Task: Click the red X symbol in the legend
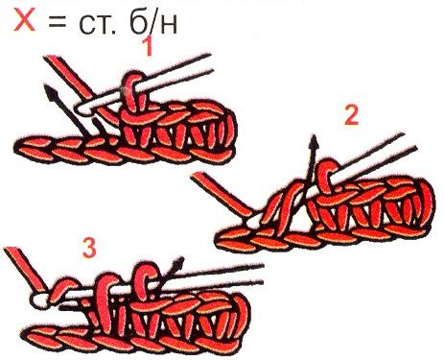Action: coord(24,21)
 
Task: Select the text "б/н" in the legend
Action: coord(153,22)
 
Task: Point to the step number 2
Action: coord(352,115)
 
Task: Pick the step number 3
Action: coord(89,249)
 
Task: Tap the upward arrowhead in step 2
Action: coord(315,142)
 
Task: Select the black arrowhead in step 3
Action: coord(177,264)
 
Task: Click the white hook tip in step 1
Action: coord(82,109)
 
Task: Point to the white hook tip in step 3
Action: coord(39,300)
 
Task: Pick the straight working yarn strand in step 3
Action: coord(26,270)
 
